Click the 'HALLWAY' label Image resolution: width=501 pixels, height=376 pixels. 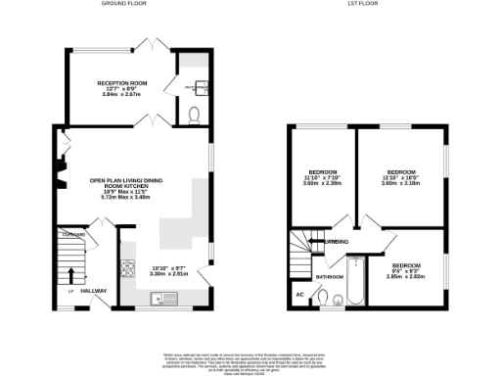coord(94,291)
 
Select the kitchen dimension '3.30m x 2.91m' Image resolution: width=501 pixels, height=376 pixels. coord(162,275)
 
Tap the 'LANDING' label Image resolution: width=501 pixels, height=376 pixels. coord(339,242)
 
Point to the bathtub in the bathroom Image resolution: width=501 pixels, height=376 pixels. coord(355,283)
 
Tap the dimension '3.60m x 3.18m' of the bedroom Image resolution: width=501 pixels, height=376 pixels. coord(401,183)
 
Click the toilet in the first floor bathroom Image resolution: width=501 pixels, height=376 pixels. coord(337,300)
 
